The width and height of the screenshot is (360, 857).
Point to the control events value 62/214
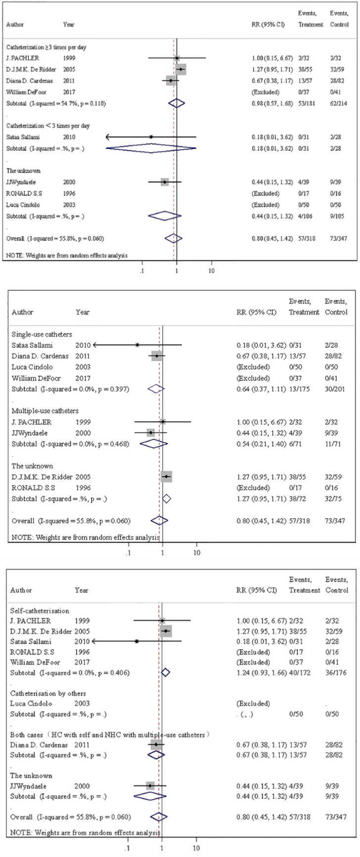(339, 103)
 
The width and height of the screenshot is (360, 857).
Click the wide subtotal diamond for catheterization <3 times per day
(151, 148)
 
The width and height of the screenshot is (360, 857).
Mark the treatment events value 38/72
(299, 499)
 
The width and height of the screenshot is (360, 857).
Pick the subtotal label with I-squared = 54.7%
(55, 103)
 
